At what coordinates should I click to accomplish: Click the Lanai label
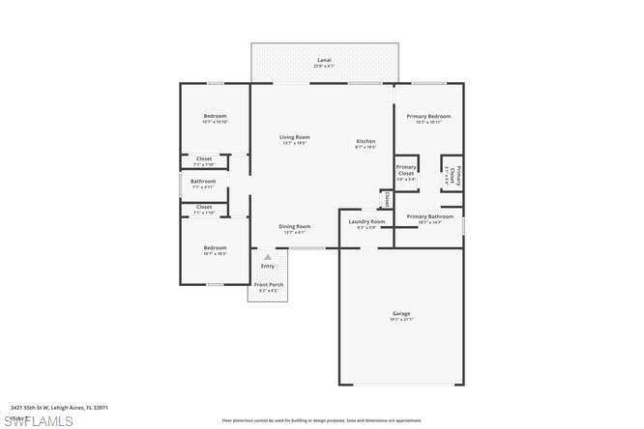coord(324,60)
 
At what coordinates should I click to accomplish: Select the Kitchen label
coord(366,142)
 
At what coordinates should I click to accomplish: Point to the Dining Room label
coord(295,226)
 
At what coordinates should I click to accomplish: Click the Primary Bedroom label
coord(427,116)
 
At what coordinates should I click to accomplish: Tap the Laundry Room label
coord(366,222)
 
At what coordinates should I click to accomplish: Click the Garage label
coord(401,313)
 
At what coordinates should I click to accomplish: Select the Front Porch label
coord(268,285)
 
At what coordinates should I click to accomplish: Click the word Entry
coord(268,266)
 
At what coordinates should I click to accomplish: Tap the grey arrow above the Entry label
coord(268,257)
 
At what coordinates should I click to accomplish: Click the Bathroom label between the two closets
coord(203,181)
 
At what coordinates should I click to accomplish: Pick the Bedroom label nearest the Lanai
coord(215,116)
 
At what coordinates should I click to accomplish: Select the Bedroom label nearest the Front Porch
coord(215,248)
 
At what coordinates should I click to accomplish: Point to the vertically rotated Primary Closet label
coord(452,175)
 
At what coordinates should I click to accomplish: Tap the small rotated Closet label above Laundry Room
coord(386,199)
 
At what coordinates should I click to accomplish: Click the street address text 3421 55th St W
coord(59,408)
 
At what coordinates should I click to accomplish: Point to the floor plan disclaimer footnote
coord(322,420)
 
